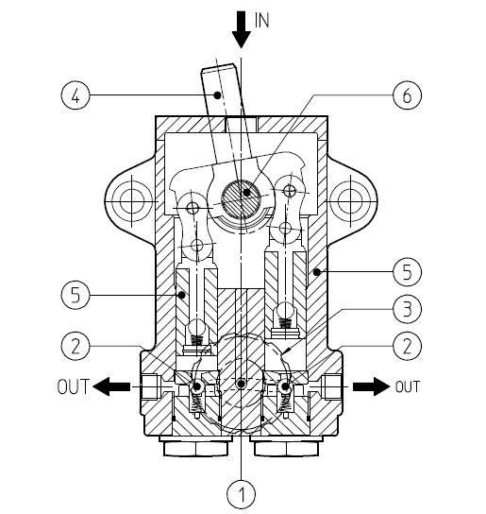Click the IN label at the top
pyautogui.click(x=261, y=21)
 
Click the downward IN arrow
pyautogui.click(x=242, y=30)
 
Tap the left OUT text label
pyautogui.click(x=73, y=386)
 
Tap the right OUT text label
pyautogui.click(x=408, y=386)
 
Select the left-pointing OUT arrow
pyautogui.click(x=111, y=386)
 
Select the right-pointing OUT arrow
pyautogui.click(x=372, y=386)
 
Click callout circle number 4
pyautogui.click(x=75, y=95)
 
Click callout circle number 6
pyautogui.click(x=407, y=95)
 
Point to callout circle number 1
pyautogui.click(x=242, y=494)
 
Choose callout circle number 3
pyautogui.click(x=407, y=309)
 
